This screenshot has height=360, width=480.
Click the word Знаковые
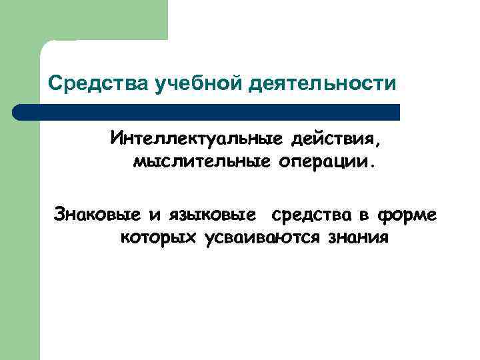point(97,215)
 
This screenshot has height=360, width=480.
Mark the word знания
point(357,237)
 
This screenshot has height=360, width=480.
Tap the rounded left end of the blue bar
point(19,112)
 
